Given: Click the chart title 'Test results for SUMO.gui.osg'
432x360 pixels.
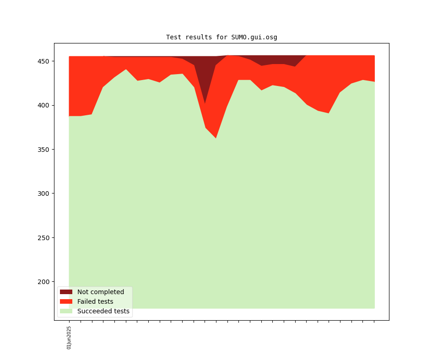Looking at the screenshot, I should (221, 37).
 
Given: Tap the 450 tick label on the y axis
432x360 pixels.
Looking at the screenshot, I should (44, 61).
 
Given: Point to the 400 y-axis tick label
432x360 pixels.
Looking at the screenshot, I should (44, 105).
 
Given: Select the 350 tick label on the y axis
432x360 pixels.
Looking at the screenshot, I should (44, 150).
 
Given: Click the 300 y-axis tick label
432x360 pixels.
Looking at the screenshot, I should (44, 193).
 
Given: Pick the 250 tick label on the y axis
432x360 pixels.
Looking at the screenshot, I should (44, 238).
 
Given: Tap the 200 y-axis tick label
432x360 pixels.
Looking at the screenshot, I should (44, 282).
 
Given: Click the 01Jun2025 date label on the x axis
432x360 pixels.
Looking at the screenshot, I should (69, 338).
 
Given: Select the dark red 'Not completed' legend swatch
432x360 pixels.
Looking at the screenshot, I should (66, 292).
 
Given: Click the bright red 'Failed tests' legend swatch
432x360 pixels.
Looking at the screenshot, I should (66, 302).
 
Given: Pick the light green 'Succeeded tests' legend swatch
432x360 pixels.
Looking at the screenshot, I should (66, 312).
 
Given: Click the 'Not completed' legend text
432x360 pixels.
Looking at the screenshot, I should (101, 292).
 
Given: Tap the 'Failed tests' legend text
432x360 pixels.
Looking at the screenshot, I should (95, 302).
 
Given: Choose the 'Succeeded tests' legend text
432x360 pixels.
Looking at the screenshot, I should (103, 312).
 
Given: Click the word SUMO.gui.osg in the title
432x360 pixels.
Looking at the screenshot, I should (254, 37).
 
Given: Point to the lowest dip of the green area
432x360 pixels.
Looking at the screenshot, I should (216, 138).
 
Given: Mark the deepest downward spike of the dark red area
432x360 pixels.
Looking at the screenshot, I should (205, 103).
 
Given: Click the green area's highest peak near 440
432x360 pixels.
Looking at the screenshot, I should (126, 70).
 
